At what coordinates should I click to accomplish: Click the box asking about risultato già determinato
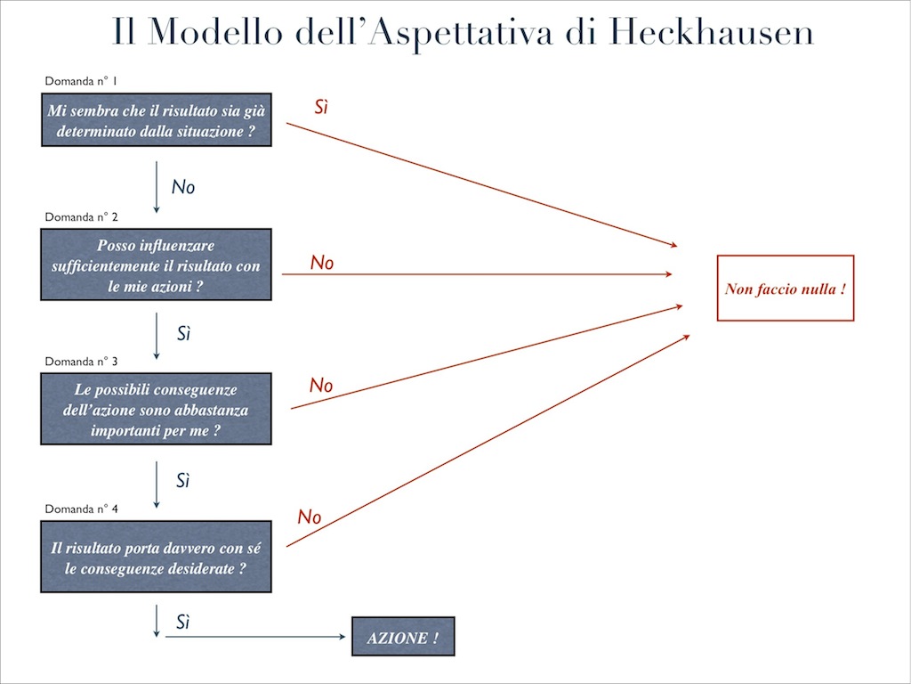pyautogui.click(x=156, y=120)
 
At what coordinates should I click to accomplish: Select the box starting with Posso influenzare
pyautogui.click(x=156, y=265)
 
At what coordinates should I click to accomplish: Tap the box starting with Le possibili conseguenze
pyautogui.click(x=156, y=410)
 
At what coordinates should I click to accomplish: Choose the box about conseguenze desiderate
pyautogui.click(x=156, y=558)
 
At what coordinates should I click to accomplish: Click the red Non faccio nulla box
pyautogui.click(x=785, y=288)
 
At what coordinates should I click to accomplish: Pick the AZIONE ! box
pyautogui.click(x=403, y=637)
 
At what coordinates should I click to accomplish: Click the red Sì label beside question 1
pyautogui.click(x=322, y=108)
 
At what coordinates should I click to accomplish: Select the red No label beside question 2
pyautogui.click(x=321, y=263)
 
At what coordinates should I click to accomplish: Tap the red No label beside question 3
pyautogui.click(x=320, y=386)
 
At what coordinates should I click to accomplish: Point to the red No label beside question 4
pyautogui.click(x=309, y=517)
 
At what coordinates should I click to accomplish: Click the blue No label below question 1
pyautogui.click(x=182, y=187)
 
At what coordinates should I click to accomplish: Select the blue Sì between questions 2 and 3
pyautogui.click(x=183, y=335)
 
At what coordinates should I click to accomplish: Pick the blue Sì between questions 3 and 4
pyautogui.click(x=183, y=481)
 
